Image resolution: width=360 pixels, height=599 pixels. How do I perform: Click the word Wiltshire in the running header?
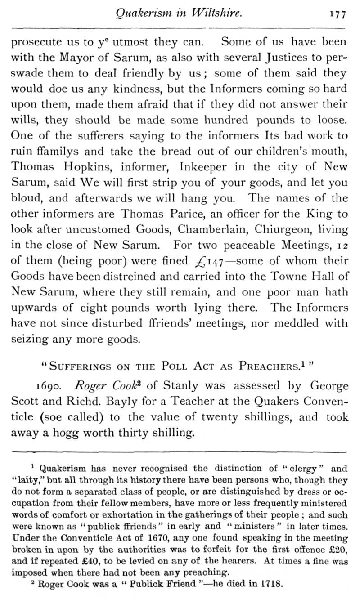[213, 13]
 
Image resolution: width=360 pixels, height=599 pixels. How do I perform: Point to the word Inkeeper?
[208, 167]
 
